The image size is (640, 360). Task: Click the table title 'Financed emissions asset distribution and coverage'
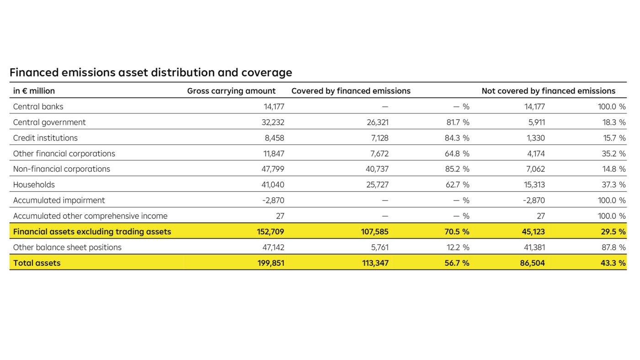(x=150, y=73)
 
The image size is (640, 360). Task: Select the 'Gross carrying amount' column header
(x=231, y=91)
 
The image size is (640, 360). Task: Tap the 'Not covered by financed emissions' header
(x=548, y=91)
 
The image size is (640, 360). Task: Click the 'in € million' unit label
(x=34, y=91)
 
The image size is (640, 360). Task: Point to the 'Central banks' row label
(x=38, y=106)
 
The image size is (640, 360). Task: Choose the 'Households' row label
(x=34, y=185)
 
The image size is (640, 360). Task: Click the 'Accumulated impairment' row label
(x=59, y=200)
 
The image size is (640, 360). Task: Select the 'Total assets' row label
(x=37, y=263)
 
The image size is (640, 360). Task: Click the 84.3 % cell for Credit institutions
(x=457, y=138)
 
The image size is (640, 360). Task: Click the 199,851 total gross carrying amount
(x=270, y=263)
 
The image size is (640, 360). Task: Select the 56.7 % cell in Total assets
(x=457, y=263)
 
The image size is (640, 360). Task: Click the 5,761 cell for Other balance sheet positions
(x=378, y=247)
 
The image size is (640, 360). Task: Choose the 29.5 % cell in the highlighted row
(x=613, y=232)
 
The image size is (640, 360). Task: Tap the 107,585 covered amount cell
(x=374, y=232)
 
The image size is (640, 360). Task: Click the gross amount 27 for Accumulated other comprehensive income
(x=279, y=216)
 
